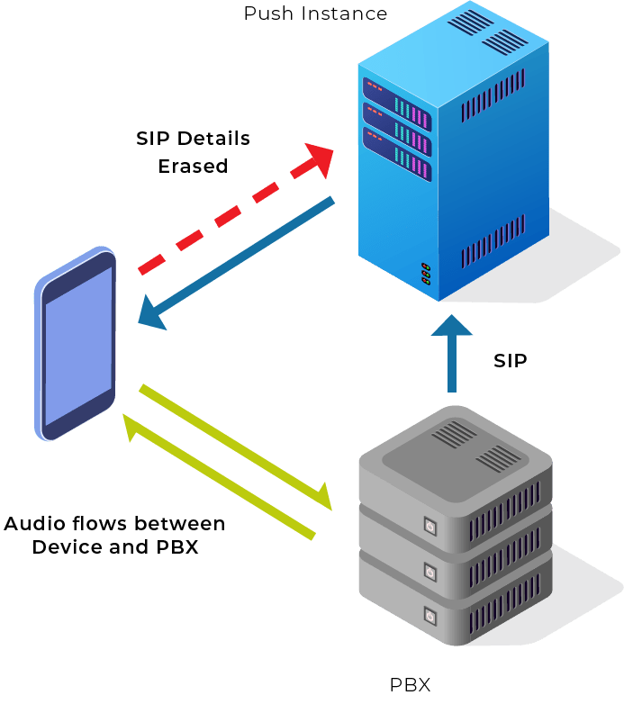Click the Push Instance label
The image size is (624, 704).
point(315,14)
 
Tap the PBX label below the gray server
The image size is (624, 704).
point(410,686)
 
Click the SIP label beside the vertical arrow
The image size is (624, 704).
point(510,361)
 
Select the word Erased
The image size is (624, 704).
point(193,167)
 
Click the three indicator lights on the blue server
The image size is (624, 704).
point(425,274)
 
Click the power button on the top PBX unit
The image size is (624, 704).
point(430,526)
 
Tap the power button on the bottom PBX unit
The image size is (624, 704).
point(430,617)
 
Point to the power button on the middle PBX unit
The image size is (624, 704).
point(430,572)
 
